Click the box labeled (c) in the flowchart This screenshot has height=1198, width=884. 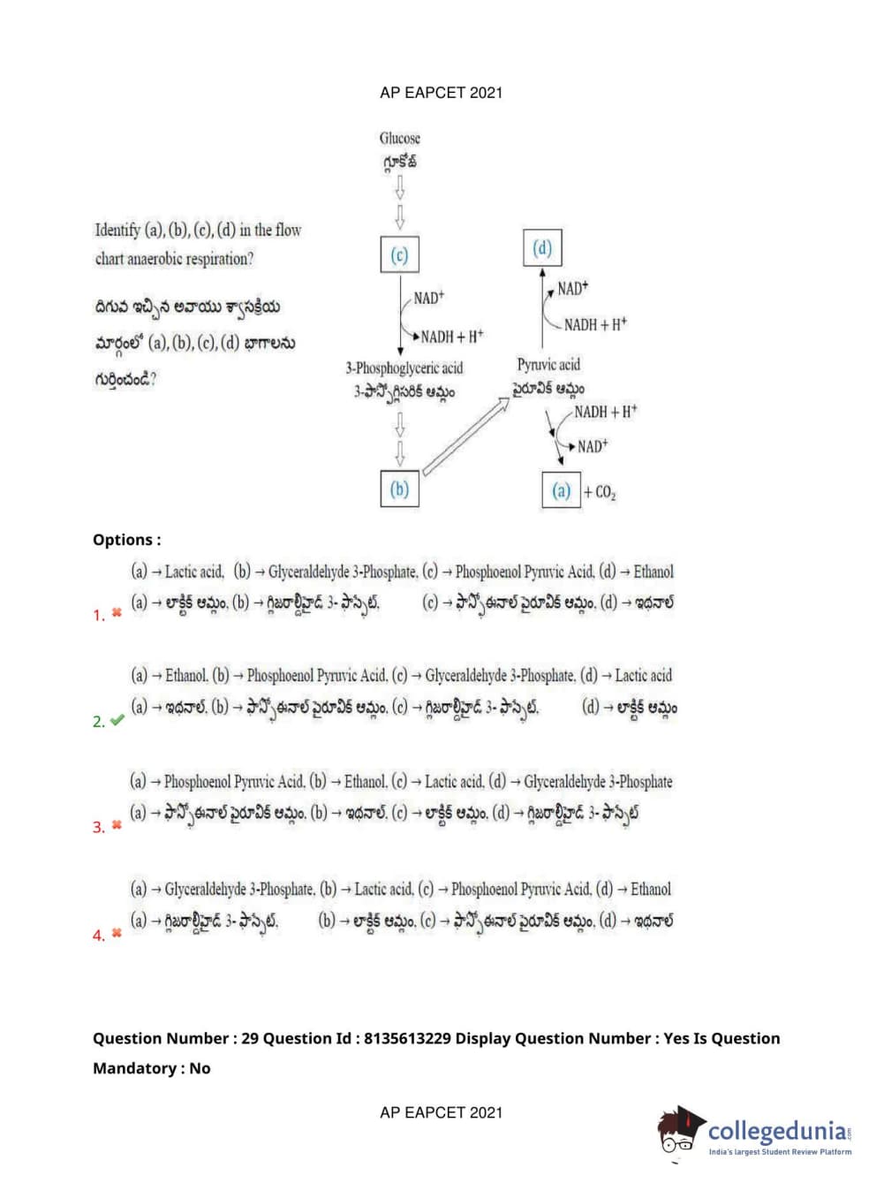[399, 255]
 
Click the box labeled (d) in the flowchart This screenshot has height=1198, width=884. [542, 248]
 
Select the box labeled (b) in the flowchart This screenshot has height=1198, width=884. [399, 489]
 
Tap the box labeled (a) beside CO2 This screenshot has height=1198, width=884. [561, 490]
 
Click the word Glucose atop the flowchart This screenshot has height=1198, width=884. [400, 139]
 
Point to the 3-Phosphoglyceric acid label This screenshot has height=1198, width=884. [404, 368]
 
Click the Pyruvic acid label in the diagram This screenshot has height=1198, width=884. [548, 365]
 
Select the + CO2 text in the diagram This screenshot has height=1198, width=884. [600, 492]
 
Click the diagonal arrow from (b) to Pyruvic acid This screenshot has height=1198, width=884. [465, 436]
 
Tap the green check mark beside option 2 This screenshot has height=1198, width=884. [117, 720]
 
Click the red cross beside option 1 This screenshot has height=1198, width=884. [117, 612]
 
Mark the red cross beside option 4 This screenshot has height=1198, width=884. [117, 933]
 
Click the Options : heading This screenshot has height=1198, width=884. [126, 540]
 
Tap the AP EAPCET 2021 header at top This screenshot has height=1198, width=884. [441, 93]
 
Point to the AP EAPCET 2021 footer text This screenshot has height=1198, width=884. [441, 1113]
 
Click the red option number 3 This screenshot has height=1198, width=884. [98, 828]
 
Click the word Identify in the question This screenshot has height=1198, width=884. [117, 231]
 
